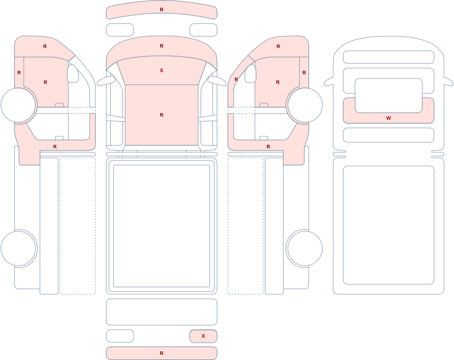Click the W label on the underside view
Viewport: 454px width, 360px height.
point(388,118)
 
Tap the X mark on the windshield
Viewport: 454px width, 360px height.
point(162,70)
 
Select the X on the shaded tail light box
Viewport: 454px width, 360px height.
point(203,336)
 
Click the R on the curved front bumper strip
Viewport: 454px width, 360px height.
point(162,10)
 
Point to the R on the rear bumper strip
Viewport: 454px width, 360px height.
point(162,353)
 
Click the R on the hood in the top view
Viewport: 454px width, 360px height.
point(162,46)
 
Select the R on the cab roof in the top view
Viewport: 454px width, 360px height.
point(162,115)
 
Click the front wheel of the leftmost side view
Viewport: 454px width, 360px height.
point(19,105)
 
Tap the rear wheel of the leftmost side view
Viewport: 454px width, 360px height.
point(19,248)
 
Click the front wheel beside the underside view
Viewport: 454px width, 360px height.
point(304,105)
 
